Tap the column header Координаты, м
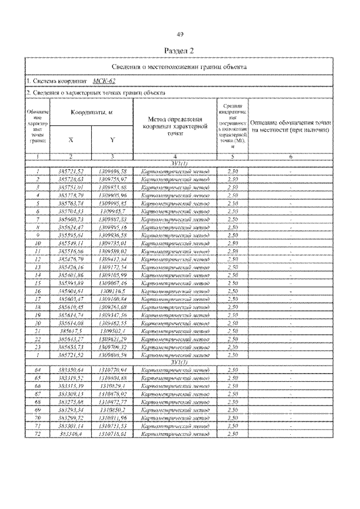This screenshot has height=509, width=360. (92, 112)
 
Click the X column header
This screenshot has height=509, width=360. (70, 139)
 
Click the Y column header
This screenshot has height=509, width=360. (112, 139)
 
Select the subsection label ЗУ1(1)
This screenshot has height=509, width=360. (179, 163)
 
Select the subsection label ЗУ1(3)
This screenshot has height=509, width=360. (179, 362)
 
